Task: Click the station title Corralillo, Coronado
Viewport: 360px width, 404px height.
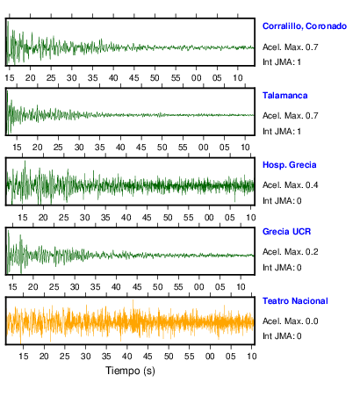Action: point(305,26)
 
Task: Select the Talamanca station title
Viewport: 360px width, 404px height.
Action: point(284,96)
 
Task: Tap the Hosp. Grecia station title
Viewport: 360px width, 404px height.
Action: point(289,165)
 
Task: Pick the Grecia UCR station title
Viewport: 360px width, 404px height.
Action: point(286,232)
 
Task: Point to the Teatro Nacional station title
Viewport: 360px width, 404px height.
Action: point(295,301)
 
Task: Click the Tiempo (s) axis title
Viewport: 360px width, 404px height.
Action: point(130,371)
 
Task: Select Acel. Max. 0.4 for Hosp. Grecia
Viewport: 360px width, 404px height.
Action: point(290,185)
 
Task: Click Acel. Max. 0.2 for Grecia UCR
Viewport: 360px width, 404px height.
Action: point(290,252)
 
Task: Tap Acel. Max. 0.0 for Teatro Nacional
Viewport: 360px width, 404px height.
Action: point(290,321)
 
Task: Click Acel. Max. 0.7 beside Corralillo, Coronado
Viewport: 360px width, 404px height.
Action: point(290,47)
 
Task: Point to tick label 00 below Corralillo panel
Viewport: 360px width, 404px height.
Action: point(196,78)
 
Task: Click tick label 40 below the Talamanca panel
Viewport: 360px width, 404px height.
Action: point(120,148)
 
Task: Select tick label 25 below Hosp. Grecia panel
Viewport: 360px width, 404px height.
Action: point(64,218)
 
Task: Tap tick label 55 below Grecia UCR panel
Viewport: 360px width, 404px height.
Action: point(178,286)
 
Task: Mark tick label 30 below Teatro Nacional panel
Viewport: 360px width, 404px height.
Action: point(85,357)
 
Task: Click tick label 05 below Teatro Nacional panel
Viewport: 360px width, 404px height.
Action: point(230,357)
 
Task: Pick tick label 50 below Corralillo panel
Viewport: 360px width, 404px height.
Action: point(155,78)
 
